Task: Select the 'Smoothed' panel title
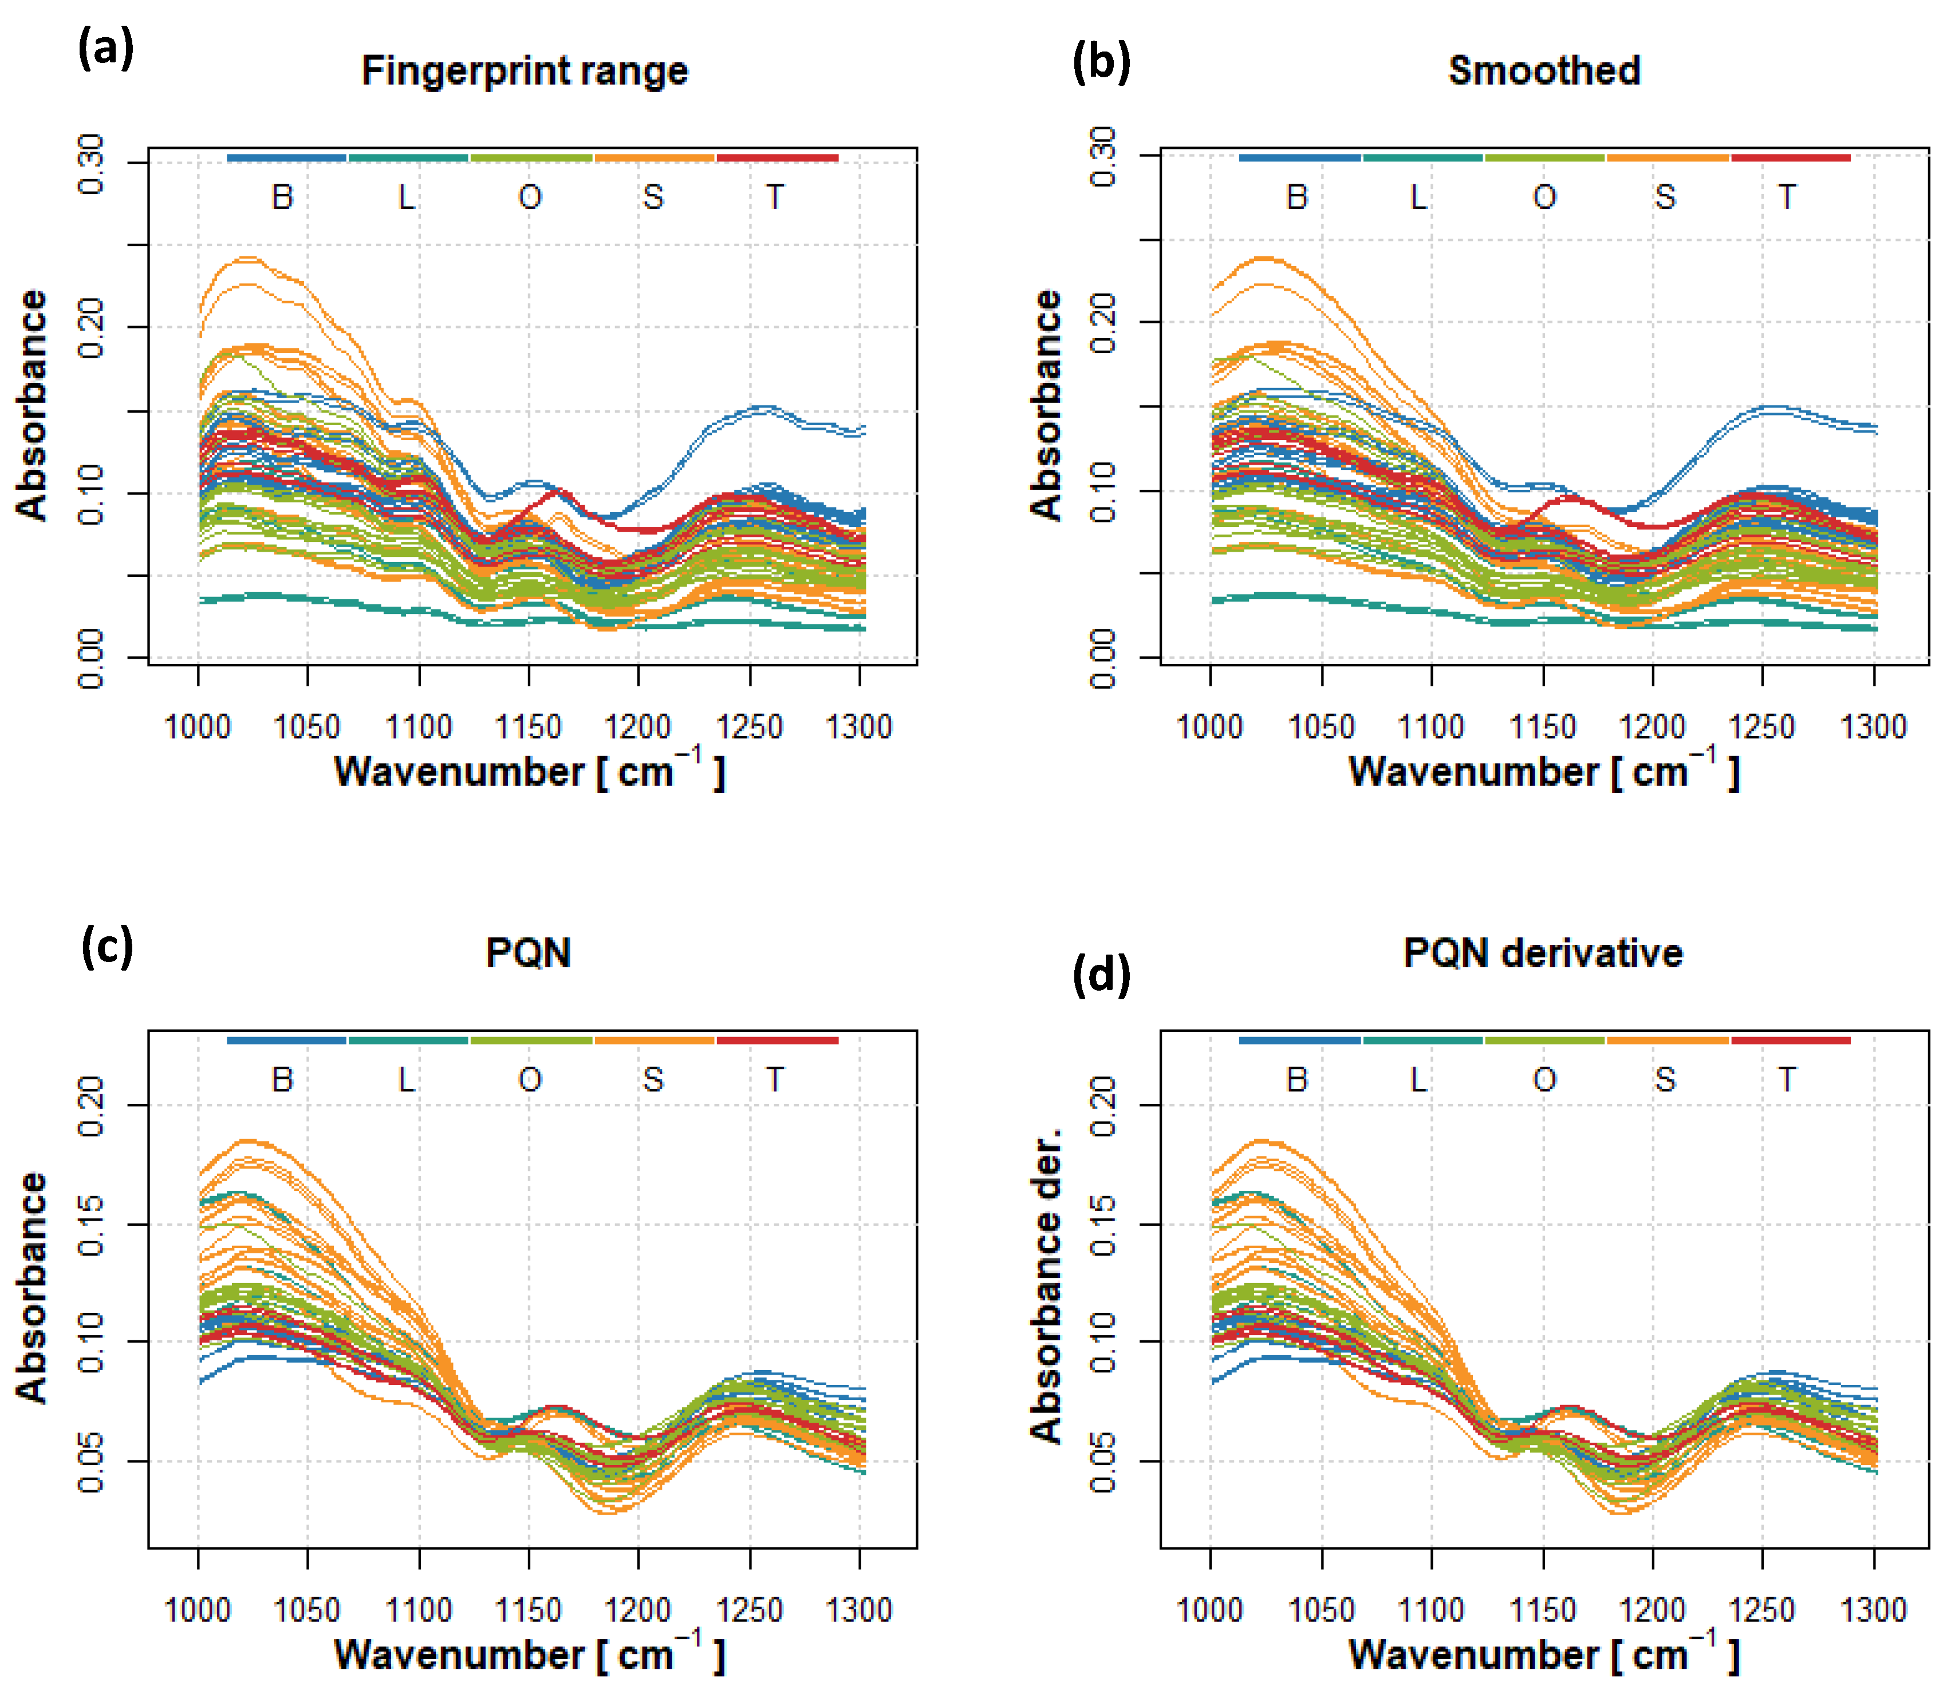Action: coord(1543,71)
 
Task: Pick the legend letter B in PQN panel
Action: coord(282,1079)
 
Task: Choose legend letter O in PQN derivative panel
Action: coord(1544,1079)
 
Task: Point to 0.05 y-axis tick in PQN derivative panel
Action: coord(1103,1461)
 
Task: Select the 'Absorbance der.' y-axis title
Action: coord(1046,1287)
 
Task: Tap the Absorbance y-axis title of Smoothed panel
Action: coord(1046,406)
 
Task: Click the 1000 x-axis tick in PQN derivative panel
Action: coord(1209,1610)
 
